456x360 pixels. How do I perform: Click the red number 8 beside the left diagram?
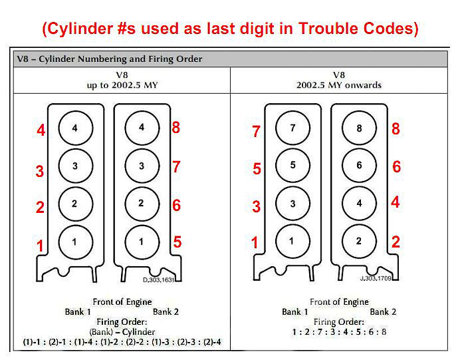[x=175, y=128]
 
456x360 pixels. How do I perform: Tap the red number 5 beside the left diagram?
[x=177, y=242]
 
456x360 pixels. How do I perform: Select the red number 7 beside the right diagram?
[x=256, y=131]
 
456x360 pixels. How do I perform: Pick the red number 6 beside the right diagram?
[x=396, y=166]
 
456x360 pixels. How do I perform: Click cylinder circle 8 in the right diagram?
[x=359, y=128]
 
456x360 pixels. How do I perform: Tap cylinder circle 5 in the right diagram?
[x=293, y=165]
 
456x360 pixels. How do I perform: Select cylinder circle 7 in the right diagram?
[x=293, y=128]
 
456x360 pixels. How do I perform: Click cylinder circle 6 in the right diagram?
[x=359, y=165]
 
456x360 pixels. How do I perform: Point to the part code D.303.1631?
[x=158, y=280]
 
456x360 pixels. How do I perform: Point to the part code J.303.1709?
[x=376, y=278]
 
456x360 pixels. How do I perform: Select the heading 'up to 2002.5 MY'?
[x=122, y=85]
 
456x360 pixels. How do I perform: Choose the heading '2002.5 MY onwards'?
[x=339, y=85]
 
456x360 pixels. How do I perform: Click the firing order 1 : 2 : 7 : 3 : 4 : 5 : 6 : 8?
[x=339, y=332]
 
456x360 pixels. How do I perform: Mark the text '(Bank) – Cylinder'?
[x=122, y=332]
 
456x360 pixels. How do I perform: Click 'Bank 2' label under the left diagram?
[x=166, y=311]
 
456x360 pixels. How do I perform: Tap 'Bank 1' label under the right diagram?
[x=295, y=311]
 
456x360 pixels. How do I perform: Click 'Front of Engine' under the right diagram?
[x=339, y=302]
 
